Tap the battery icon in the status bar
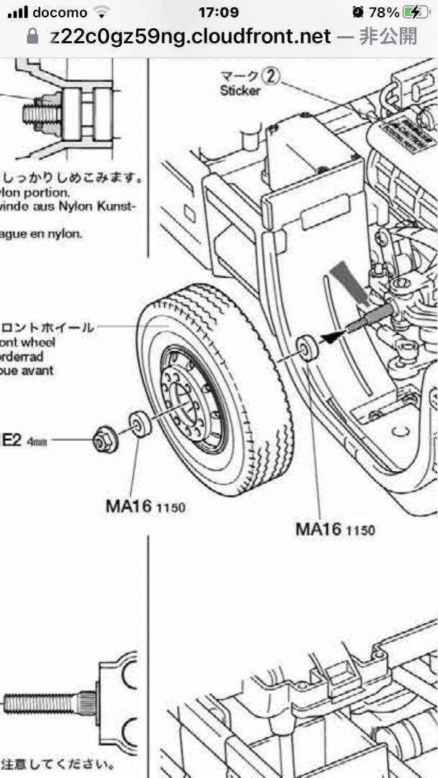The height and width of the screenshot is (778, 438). click(414, 12)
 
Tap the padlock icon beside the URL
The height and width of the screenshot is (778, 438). click(32, 37)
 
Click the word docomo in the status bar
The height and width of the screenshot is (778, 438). click(60, 12)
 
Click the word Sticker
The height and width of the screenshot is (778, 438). click(241, 91)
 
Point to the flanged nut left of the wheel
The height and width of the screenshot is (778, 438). click(105, 439)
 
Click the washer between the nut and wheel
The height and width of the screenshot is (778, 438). click(139, 424)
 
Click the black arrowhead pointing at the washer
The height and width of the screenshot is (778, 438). click(328, 335)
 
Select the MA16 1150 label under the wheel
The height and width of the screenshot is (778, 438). click(145, 506)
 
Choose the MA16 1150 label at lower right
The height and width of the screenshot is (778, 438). click(335, 529)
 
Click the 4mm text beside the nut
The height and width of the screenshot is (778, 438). click(37, 442)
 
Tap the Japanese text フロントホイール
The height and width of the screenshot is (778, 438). click(47, 328)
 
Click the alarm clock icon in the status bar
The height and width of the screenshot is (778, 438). click(358, 12)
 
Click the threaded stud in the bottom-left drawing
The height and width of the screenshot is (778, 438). click(43, 699)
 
